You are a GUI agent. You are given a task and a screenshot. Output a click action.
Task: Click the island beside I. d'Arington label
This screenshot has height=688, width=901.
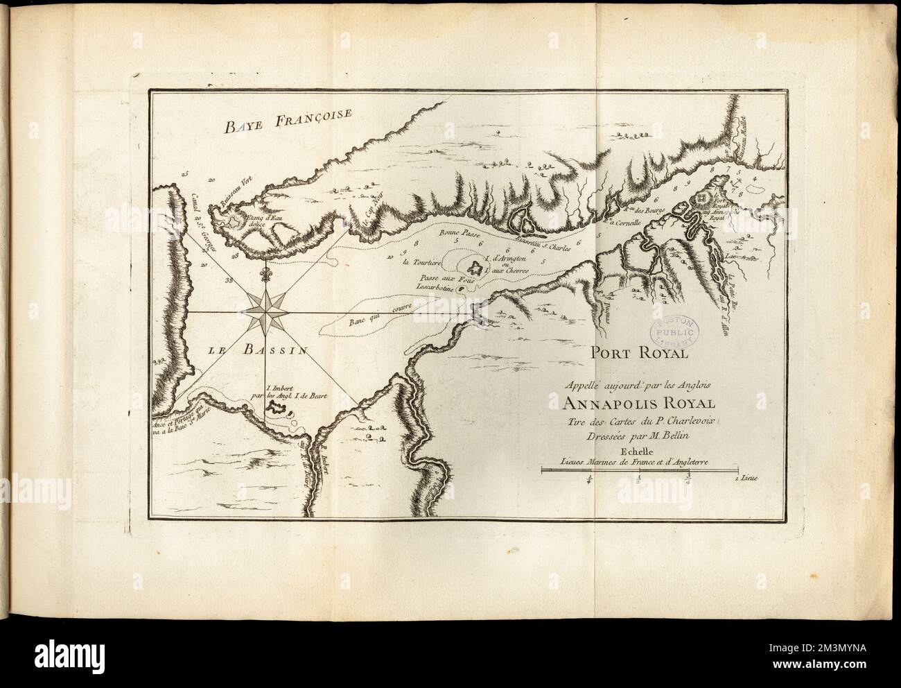coord(475,268)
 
